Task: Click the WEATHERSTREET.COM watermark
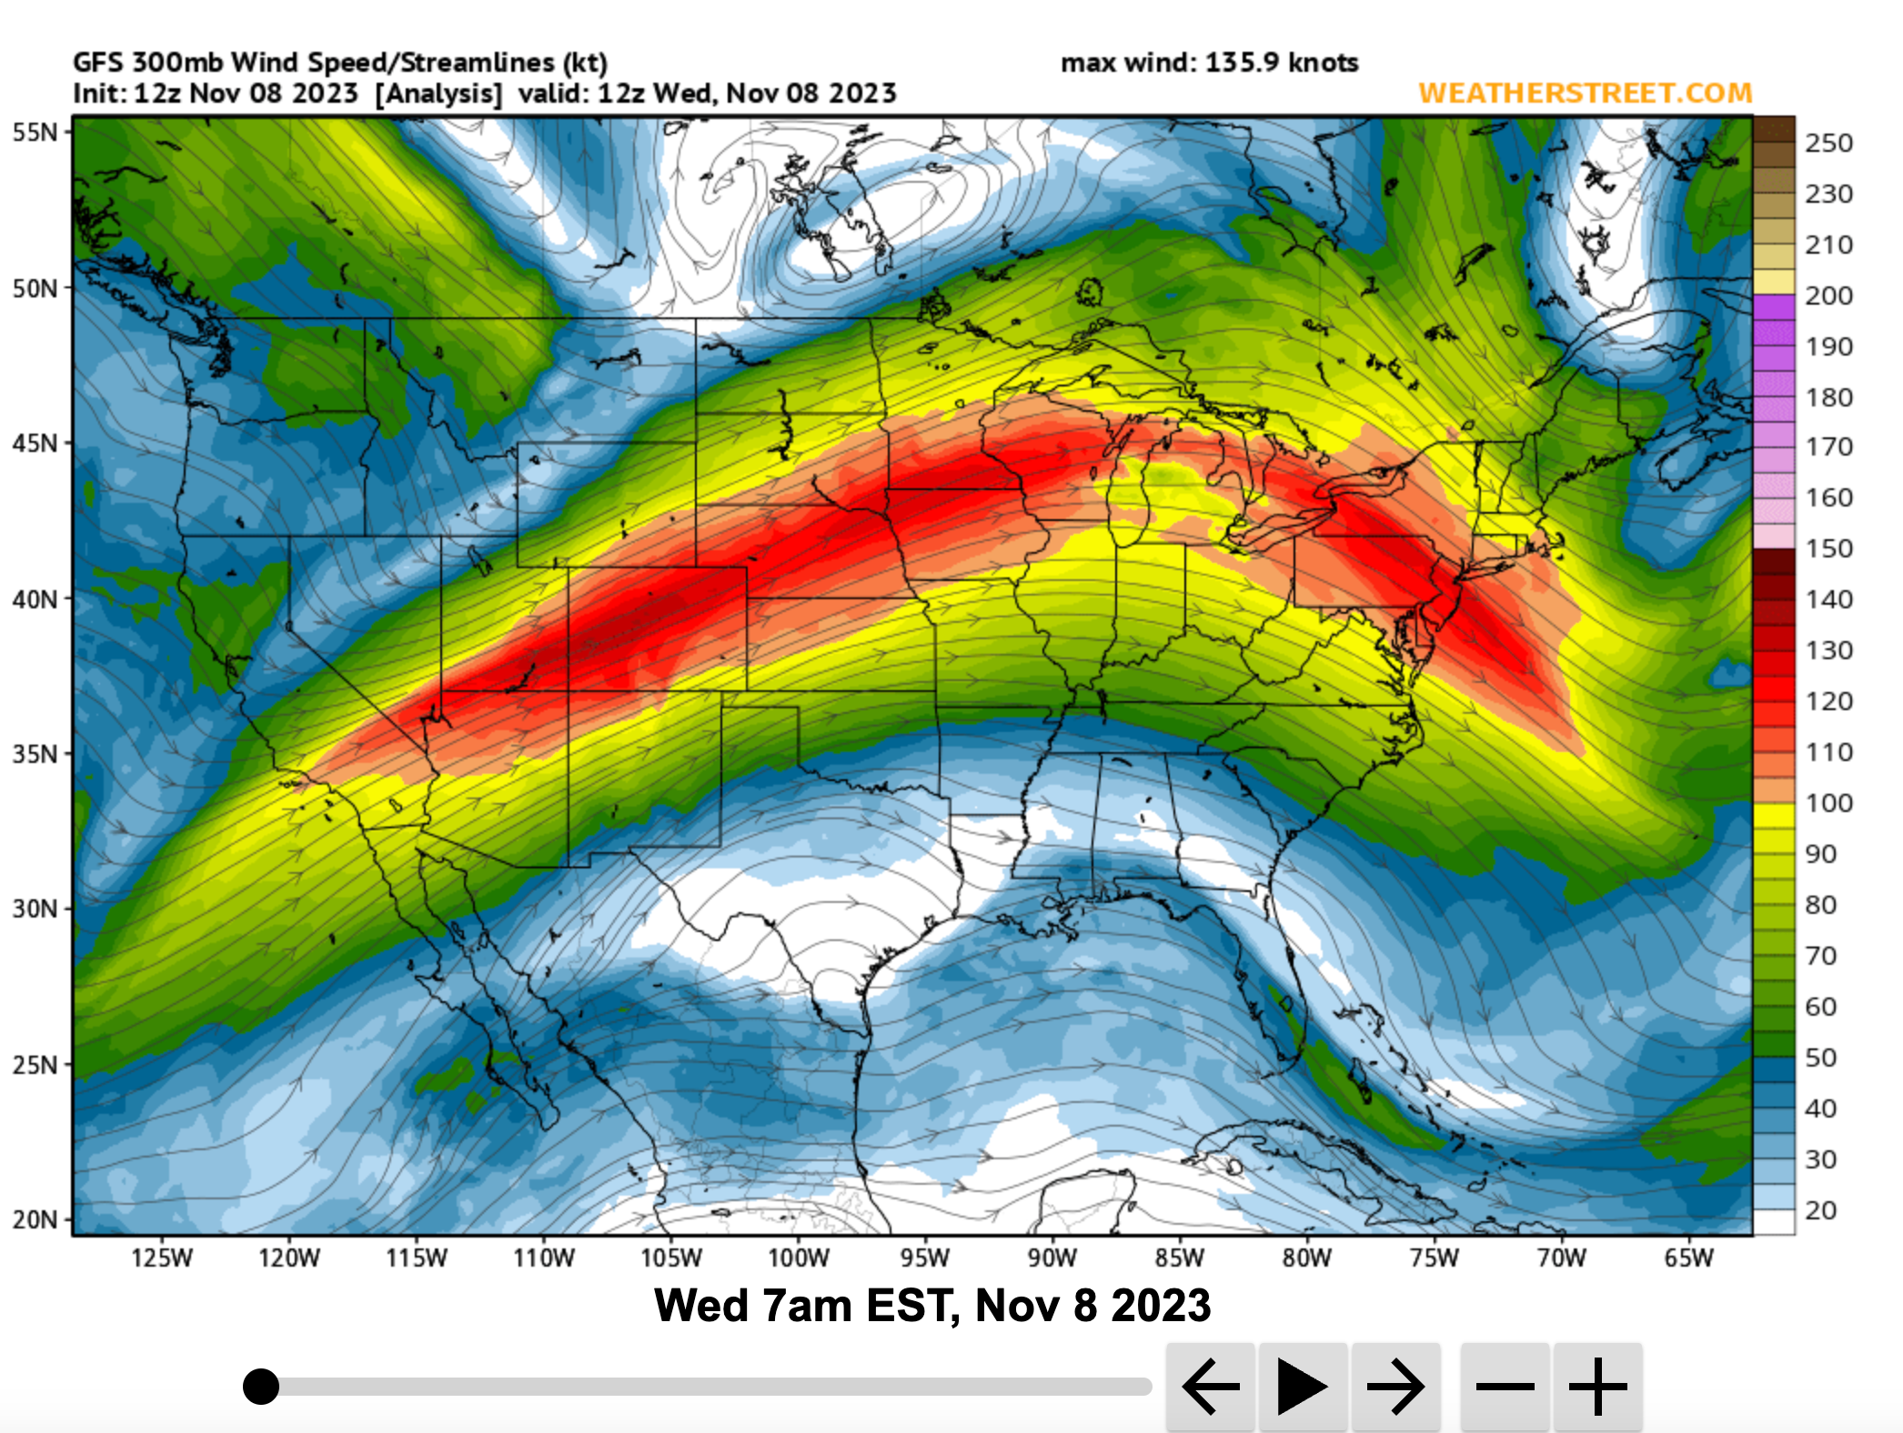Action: (1585, 93)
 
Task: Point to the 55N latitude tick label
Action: (35, 133)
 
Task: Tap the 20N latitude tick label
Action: (35, 1219)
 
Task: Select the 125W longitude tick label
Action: (162, 1258)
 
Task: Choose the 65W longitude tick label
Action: (1688, 1258)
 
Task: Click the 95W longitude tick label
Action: (925, 1258)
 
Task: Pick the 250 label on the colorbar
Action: (1828, 144)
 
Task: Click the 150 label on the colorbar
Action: (1828, 549)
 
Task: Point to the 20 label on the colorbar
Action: (1821, 1211)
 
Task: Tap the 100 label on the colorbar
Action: (1828, 804)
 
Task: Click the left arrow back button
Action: (1211, 1387)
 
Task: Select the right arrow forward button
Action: (1395, 1387)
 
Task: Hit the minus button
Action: (1505, 1387)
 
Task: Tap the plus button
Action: (1598, 1387)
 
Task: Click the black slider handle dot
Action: (261, 1387)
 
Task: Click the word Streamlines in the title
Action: (477, 63)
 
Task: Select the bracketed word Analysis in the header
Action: (438, 94)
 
